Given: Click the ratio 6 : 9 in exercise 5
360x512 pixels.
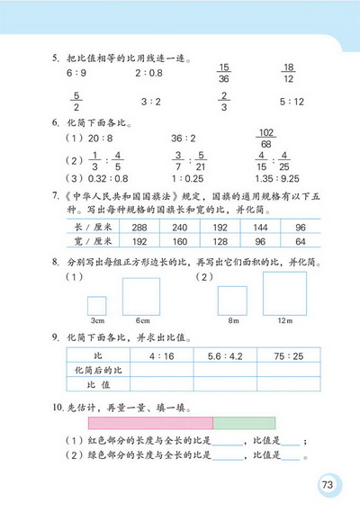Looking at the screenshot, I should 76,73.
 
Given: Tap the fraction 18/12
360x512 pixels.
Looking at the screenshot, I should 289,73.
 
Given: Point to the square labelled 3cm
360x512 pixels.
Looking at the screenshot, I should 96,305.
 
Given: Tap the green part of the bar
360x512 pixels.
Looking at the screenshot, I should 243,422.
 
